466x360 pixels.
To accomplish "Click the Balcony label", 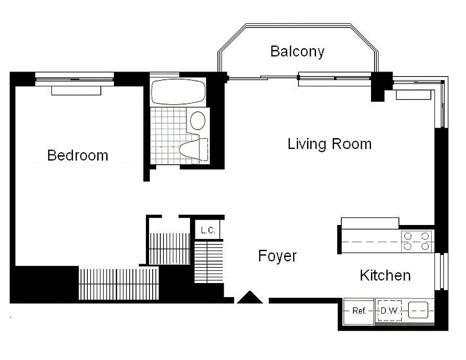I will pos(297,51).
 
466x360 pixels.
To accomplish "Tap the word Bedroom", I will pos(77,155).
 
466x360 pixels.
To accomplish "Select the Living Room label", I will pos(330,144).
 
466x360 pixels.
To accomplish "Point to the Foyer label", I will pos(277,256).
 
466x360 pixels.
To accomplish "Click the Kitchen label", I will pos(385,275).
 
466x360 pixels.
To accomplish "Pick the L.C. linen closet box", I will pos(208,230).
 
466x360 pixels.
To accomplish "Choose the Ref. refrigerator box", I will pos(359,311).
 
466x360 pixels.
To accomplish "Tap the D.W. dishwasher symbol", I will pos(389,311).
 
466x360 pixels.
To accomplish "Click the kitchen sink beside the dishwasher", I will pos(417,310).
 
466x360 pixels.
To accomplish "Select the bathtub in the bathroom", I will pos(178,92).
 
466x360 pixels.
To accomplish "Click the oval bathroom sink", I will pos(198,120).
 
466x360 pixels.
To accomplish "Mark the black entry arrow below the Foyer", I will pos(249,297).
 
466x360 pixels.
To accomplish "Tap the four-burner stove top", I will pos(417,241).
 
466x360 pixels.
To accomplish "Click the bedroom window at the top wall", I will pos(74,80).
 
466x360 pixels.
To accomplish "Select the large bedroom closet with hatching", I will pos(118,283).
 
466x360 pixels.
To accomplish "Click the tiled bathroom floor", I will pos(167,135).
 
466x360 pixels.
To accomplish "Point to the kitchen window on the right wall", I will pos(443,271).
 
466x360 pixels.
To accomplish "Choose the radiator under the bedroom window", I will pos(76,91).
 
